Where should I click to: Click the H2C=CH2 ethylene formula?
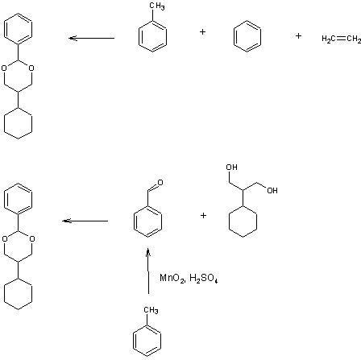tap(342, 39)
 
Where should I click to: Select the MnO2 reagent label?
tap(172, 278)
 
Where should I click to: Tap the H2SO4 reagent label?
tap(204, 278)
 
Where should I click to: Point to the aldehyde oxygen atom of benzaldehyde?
tap(160, 183)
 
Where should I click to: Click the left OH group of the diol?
tap(231, 168)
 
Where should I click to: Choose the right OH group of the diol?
tap(272, 191)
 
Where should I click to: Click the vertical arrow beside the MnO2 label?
tap(148, 271)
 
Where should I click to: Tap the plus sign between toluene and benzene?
tap(203, 32)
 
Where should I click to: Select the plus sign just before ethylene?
tap(298, 35)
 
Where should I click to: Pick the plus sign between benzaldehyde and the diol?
tap(203, 215)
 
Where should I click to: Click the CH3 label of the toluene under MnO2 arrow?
tap(151, 310)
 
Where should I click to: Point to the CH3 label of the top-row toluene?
tap(157, 6)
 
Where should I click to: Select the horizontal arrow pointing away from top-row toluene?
tap(92, 38)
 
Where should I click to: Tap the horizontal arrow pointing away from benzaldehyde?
tap(85, 221)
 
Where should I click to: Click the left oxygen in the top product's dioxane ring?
tap(4, 68)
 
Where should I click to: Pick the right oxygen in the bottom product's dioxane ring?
tap(32, 238)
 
